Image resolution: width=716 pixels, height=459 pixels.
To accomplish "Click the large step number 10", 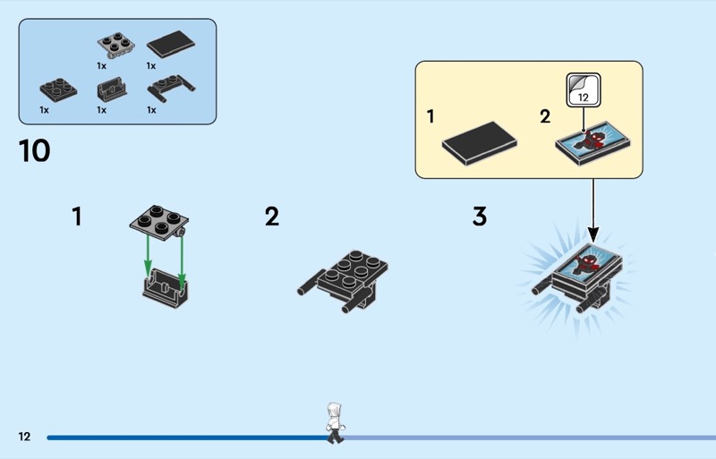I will tap(35, 151).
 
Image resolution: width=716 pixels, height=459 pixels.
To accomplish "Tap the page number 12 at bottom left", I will tap(24, 437).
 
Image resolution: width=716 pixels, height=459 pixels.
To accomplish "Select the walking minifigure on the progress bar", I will tap(335, 422).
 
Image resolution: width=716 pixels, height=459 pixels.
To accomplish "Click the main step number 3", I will tap(480, 217).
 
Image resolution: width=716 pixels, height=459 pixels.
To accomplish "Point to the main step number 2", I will tap(272, 217).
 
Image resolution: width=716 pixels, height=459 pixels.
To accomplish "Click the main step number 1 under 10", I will tap(77, 217).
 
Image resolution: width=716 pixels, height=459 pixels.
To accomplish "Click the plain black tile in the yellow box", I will tap(479, 141).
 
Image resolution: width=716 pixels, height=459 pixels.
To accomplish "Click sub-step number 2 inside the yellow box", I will tap(545, 117).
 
